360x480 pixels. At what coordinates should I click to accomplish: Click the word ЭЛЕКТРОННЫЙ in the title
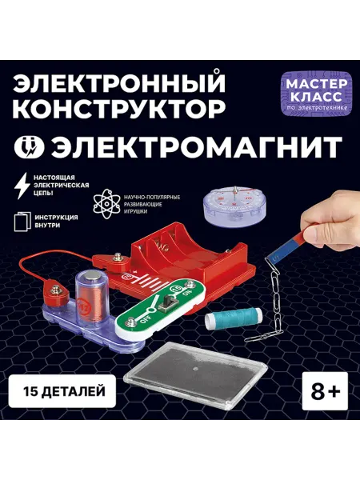[x=119, y=83]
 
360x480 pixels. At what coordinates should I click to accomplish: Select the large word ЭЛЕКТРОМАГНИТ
[x=197, y=146]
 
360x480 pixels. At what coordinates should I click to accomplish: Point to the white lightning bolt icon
[x=23, y=186]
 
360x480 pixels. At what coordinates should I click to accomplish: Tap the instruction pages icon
[x=21, y=222]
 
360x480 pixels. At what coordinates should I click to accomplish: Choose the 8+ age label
[x=325, y=391]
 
